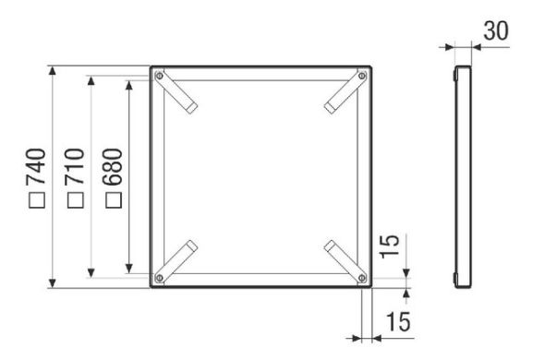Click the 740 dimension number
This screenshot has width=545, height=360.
36,166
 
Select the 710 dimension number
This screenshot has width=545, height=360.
75,166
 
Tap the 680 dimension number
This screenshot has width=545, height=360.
113,166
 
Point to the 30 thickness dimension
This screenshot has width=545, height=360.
496,30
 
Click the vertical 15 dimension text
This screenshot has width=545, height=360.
389,246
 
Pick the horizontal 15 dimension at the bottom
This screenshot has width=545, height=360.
398,321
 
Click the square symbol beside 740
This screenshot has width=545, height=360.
37,199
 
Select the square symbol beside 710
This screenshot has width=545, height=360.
76,199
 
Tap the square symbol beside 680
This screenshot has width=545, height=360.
114,199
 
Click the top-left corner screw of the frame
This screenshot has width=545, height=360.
159,76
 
